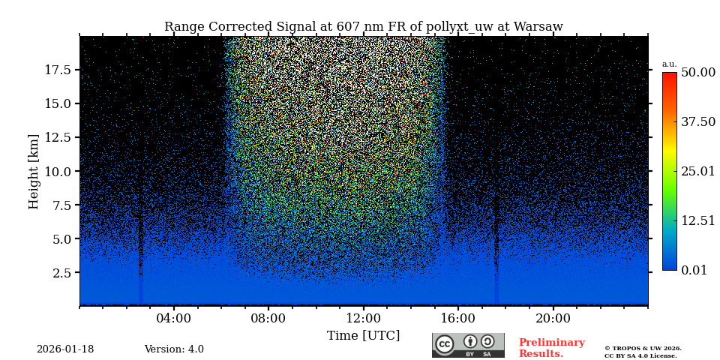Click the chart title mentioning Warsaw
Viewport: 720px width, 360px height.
point(363,27)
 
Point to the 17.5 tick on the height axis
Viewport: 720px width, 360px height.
point(58,70)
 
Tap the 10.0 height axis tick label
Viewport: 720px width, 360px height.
point(58,171)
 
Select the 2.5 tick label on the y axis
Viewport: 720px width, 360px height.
point(61,273)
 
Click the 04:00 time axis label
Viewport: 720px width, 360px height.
point(173,319)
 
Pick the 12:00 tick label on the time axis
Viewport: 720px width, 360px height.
point(363,319)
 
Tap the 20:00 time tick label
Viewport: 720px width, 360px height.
point(553,319)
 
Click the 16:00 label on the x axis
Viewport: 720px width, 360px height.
point(458,319)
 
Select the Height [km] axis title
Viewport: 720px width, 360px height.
point(34,171)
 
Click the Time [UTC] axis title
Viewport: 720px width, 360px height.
point(363,336)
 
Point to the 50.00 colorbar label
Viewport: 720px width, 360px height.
point(697,73)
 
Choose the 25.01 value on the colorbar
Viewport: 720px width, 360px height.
point(697,172)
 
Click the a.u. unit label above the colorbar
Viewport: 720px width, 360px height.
point(669,64)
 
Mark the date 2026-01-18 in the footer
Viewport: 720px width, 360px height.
point(65,349)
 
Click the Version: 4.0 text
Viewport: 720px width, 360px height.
point(174,349)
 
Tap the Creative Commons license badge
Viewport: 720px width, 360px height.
point(468,345)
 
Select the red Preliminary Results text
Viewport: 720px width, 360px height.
point(551,348)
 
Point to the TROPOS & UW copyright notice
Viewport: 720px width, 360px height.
point(643,352)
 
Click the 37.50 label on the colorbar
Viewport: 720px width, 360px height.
point(697,122)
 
